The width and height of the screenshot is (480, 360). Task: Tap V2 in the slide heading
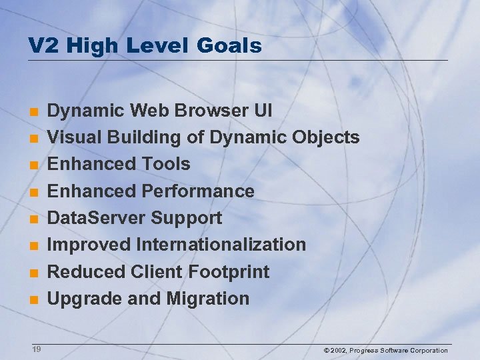coord(41,46)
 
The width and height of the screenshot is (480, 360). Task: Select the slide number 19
coord(36,349)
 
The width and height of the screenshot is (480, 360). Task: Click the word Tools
coord(166,164)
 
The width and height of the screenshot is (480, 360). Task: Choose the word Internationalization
coord(221,245)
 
